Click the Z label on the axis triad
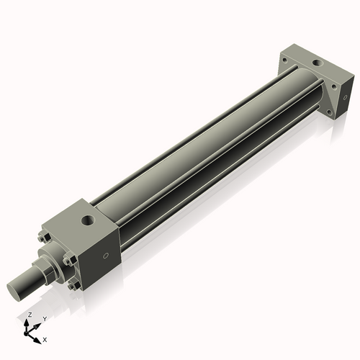(x=29, y=315)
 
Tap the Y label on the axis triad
(x=44, y=318)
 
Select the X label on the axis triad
(x=45, y=338)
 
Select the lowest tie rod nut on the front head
(x=72, y=287)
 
